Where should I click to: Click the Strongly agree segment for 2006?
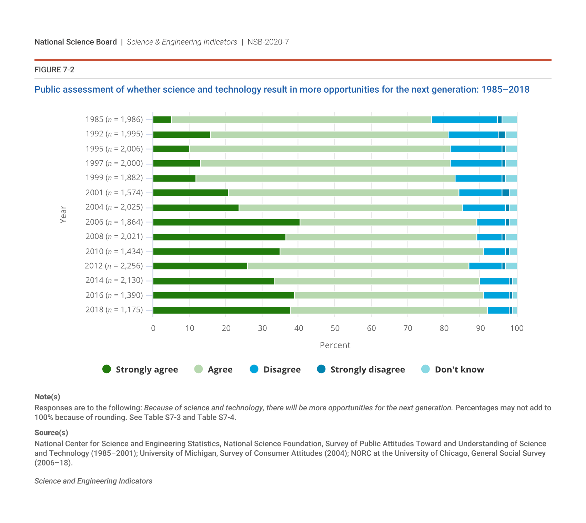click(x=226, y=222)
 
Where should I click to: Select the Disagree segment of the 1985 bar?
click(x=464, y=120)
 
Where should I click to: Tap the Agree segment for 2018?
click(x=389, y=310)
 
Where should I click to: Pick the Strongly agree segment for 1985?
click(x=162, y=120)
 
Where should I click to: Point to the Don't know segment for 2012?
click(x=511, y=266)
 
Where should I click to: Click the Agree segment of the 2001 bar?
click(x=343, y=193)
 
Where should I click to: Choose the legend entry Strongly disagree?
click(x=361, y=369)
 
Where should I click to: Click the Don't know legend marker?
click(x=426, y=369)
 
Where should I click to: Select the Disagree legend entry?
click(x=275, y=369)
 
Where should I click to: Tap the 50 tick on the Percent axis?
click(x=335, y=328)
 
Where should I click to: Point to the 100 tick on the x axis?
click(x=516, y=328)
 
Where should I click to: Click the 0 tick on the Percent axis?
click(x=153, y=328)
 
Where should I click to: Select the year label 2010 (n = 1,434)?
click(x=114, y=252)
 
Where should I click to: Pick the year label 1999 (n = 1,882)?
click(x=114, y=178)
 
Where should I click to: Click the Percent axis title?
click(x=335, y=345)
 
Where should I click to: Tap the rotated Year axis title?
click(x=63, y=215)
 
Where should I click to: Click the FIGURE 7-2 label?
click(x=54, y=70)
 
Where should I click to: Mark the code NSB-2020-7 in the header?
click(x=268, y=42)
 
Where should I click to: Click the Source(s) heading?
click(x=51, y=433)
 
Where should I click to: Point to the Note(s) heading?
click(x=47, y=397)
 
